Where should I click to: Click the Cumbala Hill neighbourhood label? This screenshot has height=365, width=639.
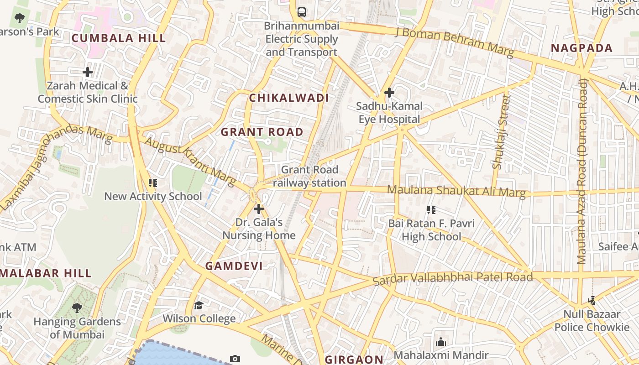pyautogui.click(x=119, y=38)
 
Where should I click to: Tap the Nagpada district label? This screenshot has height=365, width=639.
pyautogui.click(x=581, y=48)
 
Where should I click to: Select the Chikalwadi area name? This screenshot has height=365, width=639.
pyautogui.click(x=289, y=98)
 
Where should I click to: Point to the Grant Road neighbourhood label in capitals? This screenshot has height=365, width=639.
pyautogui.click(x=262, y=132)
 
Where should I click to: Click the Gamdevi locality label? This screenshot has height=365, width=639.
pyautogui.click(x=234, y=266)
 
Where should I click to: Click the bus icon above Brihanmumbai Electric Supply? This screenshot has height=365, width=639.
pyautogui.click(x=302, y=12)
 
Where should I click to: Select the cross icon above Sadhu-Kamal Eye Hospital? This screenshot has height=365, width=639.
pyautogui.click(x=389, y=93)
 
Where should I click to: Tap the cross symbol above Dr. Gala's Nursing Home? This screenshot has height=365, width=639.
pyautogui.click(x=259, y=209)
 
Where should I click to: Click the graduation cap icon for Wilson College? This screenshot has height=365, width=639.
pyautogui.click(x=199, y=305)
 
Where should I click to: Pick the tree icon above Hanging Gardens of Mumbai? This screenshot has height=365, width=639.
pyautogui.click(x=77, y=308)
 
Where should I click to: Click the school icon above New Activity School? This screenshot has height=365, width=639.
pyautogui.click(x=153, y=183)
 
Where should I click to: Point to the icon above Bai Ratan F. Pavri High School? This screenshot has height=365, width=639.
pyautogui.click(x=431, y=210)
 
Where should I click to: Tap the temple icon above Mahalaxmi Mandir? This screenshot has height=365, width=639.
pyautogui.click(x=441, y=342)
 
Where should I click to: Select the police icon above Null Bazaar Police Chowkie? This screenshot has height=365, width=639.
pyautogui.click(x=592, y=301)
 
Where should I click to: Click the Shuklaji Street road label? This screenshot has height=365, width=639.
pyautogui.click(x=501, y=132)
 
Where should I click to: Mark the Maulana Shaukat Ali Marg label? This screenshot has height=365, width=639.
pyautogui.click(x=456, y=191)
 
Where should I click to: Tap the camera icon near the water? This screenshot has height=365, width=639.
pyautogui.click(x=235, y=359)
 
